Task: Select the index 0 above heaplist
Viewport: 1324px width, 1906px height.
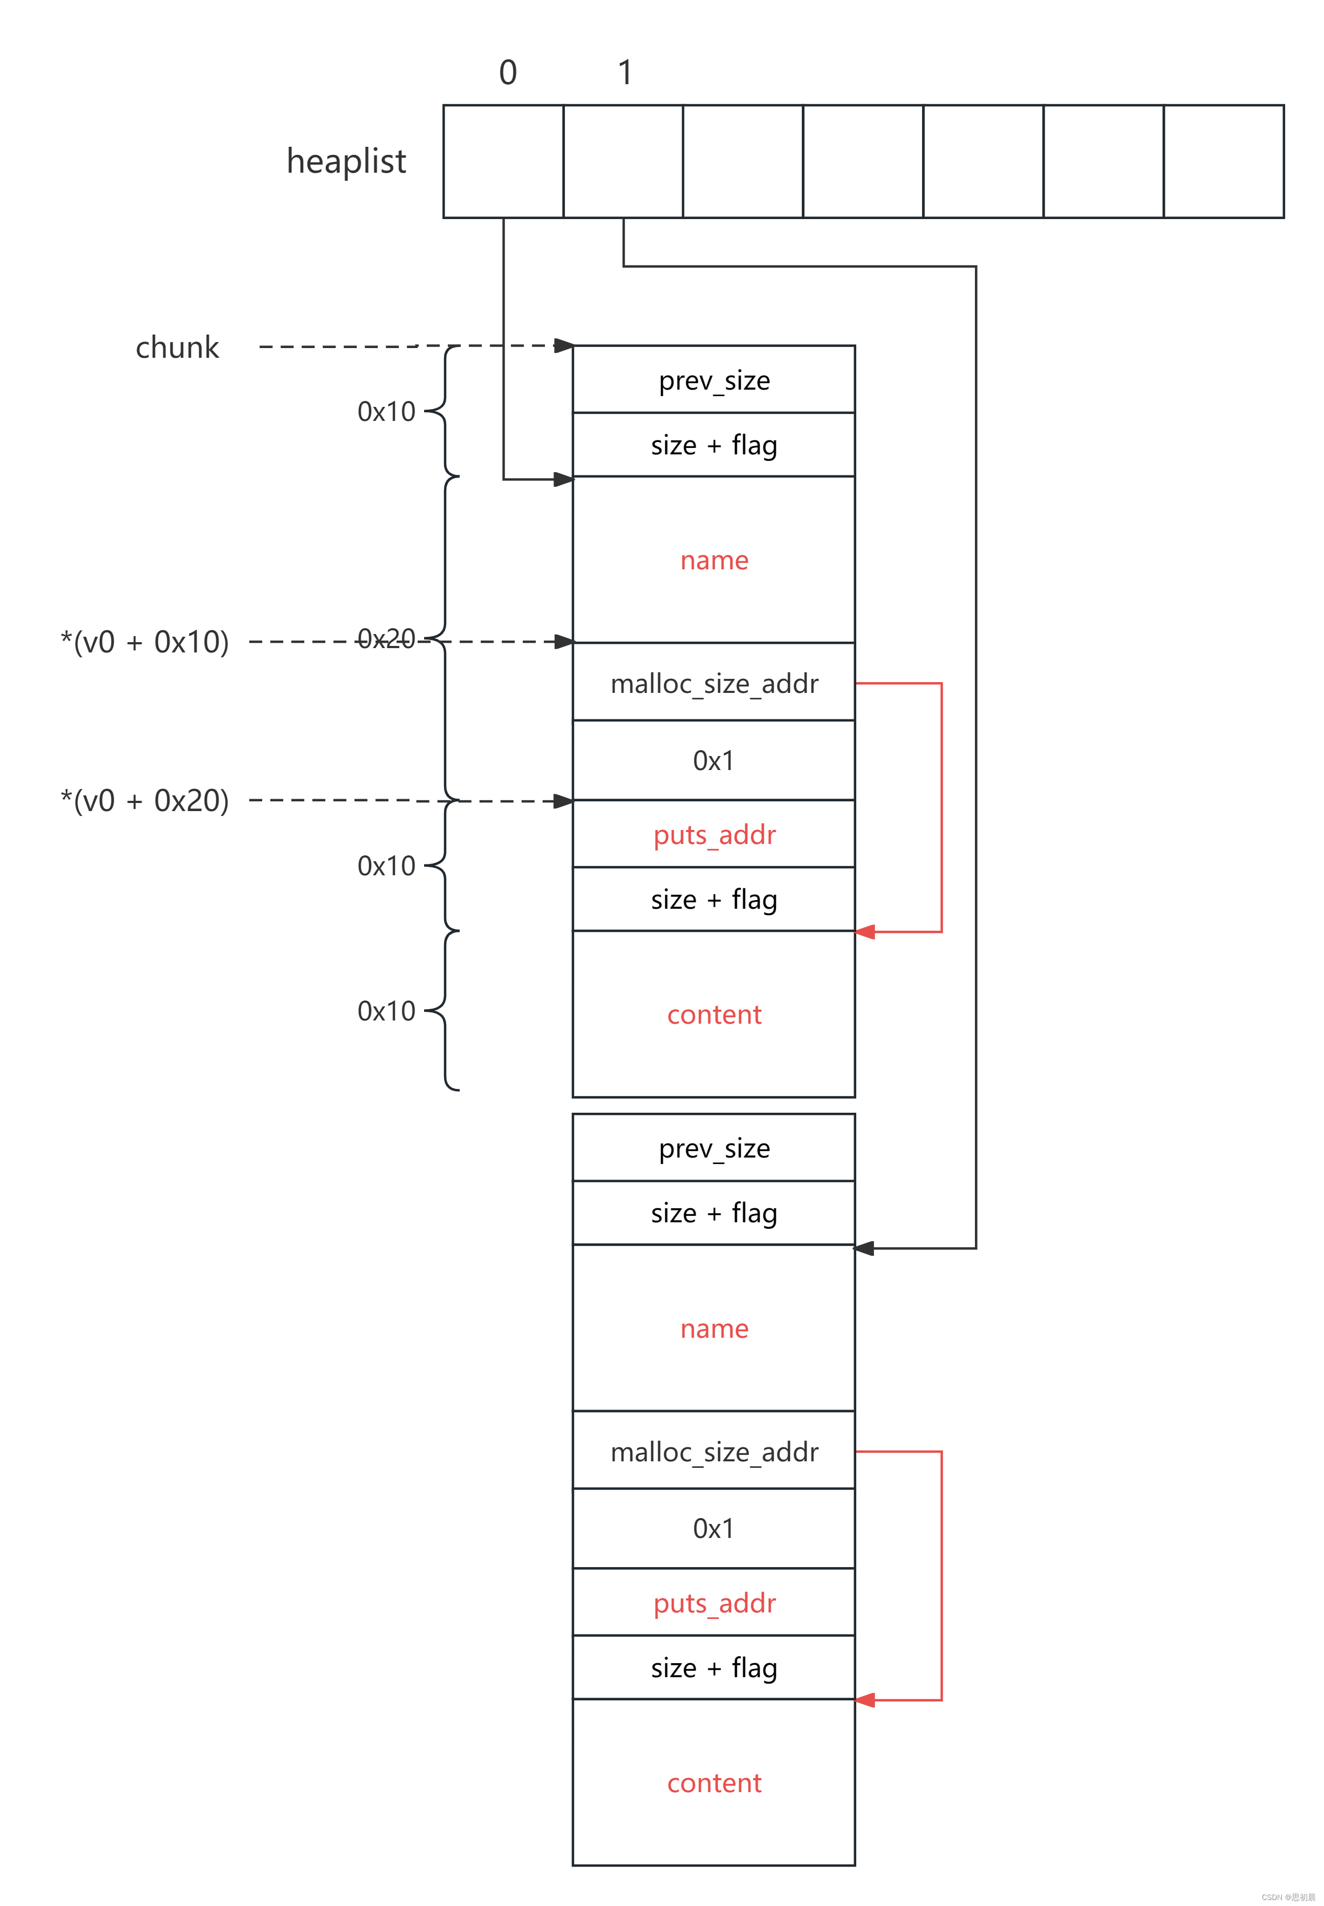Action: (x=508, y=73)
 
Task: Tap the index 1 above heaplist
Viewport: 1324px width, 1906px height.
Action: (x=625, y=73)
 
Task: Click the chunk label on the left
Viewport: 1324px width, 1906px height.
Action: (x=177, y=347)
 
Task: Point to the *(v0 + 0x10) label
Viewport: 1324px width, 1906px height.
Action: (x=145, y=642)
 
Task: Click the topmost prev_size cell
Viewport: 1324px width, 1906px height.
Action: (x=713, y=380)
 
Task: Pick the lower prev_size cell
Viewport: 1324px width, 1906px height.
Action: (x=713, y=1148)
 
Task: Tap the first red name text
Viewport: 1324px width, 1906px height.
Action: (x=713, y=560)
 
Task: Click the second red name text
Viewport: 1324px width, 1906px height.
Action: (x=713, y=1329)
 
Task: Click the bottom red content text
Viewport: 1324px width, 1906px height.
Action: (x=713, y=1782)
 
